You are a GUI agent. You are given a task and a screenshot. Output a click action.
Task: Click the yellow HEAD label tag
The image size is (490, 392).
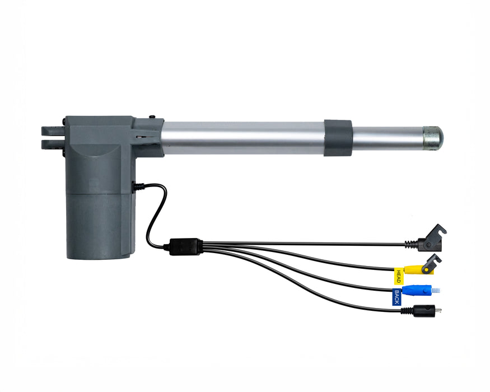398,276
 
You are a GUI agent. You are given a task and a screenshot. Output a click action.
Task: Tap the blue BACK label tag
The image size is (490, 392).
396,297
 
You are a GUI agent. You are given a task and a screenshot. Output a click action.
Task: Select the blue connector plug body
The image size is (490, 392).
417,290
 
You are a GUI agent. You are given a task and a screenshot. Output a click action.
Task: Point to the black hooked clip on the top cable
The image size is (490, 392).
433,239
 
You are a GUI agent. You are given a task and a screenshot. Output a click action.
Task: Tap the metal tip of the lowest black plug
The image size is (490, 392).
438,311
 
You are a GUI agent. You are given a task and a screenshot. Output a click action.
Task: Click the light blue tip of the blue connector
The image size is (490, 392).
436,290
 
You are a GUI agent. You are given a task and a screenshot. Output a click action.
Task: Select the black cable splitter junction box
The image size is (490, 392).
185,246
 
